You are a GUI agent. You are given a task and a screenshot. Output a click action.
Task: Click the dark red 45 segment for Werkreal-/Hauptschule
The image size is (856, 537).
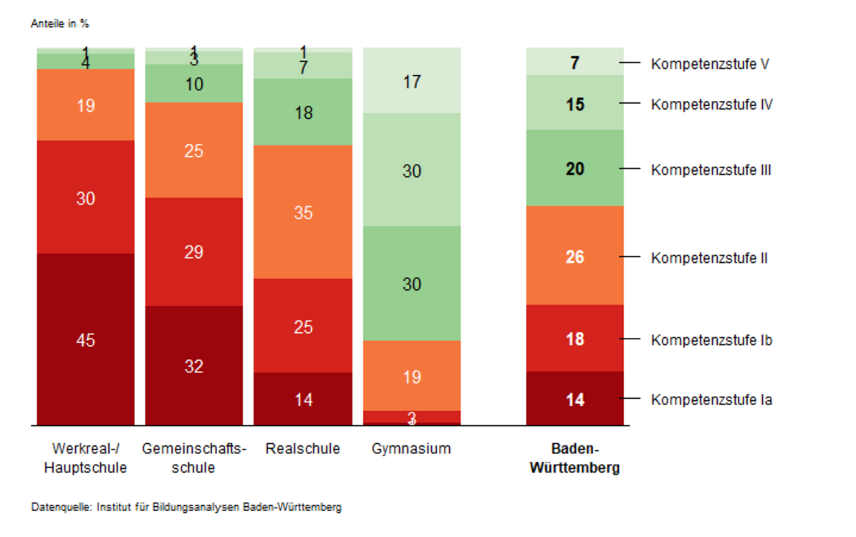[85, 339]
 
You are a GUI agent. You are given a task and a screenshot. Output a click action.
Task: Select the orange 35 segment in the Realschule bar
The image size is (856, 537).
[303, 212]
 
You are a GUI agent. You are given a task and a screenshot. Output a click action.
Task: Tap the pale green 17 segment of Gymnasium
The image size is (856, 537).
[411, 80]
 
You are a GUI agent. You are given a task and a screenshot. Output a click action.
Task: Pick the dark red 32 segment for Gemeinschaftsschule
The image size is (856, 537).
[194, 365]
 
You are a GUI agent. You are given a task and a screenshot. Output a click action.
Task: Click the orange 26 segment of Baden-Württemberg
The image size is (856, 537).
[574, 255]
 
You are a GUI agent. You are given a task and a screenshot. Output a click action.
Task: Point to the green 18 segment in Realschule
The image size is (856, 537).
[303, 112]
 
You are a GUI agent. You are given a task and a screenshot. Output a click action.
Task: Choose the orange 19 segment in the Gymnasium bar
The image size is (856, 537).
[411, 375]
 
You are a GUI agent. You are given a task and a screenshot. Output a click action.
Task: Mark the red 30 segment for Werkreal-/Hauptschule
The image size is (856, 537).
[85, 197]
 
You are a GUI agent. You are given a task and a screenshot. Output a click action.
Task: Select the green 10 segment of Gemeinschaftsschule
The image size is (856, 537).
[194, 83]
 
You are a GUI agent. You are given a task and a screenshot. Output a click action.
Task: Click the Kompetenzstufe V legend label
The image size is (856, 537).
[710, 64]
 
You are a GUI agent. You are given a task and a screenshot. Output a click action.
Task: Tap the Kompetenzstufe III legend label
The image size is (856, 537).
[711, 170]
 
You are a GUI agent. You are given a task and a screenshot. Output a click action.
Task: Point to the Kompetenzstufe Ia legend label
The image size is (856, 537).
[711, 400]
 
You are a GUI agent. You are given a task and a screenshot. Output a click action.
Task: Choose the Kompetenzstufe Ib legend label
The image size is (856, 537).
[711, 340]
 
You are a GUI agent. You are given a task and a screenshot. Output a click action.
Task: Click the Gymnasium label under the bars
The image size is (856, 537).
[411, 449]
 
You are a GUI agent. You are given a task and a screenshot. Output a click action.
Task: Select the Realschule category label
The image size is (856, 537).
[303, 449]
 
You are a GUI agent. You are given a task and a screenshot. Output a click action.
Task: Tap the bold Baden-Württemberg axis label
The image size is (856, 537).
[574, 459]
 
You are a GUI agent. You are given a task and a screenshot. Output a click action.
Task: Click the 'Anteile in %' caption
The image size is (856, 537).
[60, 24]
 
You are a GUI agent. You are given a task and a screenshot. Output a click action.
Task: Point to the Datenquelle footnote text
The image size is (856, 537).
[186, 508]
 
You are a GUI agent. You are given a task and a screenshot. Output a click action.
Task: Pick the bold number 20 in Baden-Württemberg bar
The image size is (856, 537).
[574, 169]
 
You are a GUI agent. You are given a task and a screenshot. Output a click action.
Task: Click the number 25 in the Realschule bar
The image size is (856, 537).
[303, 327]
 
